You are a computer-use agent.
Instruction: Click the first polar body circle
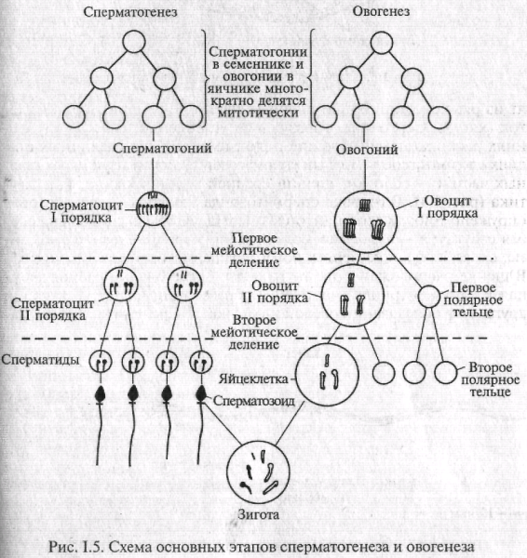(427, 296)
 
